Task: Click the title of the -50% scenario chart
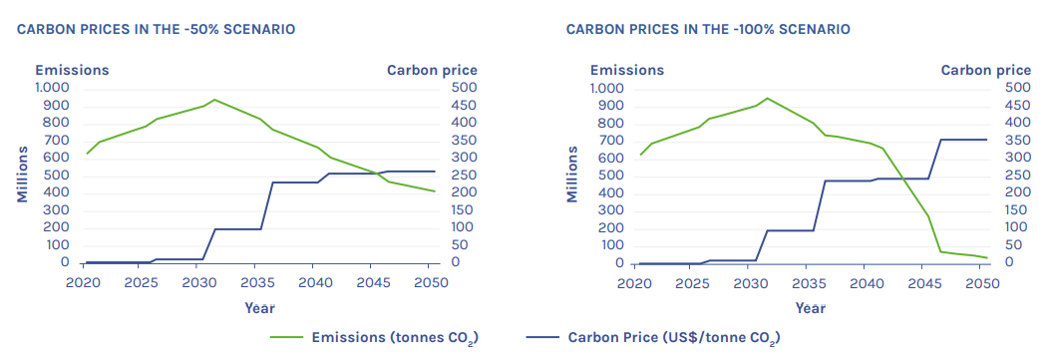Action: pyautogui.click(x=157, y=29)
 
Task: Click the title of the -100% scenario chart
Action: pyautogui.click(x=708, y=29)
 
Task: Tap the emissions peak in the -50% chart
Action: pyautogui.click(x=214, y=100)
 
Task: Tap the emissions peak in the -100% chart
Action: pyautogui.click(x=767, y=98)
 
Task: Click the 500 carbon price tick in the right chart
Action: pyautogui.click(x=1016, y=88)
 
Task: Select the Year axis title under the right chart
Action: pyautogui.click(x=810, y=309)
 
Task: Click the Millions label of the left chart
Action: pyautogui.click(x=22, y=174)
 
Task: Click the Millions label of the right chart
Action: pyautogui.click(x=572, y=174)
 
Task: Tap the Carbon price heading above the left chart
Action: pyautogui.click(x=432, y=70)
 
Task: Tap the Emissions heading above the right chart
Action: pyautogui.click(x=626, y=70)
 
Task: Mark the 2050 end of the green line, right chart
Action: pyautogui.click(x=987, y=258)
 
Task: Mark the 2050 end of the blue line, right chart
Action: pyautogui.click(x=987, y=140)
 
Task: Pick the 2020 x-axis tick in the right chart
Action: pyautogui.click(x=632, y=285)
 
